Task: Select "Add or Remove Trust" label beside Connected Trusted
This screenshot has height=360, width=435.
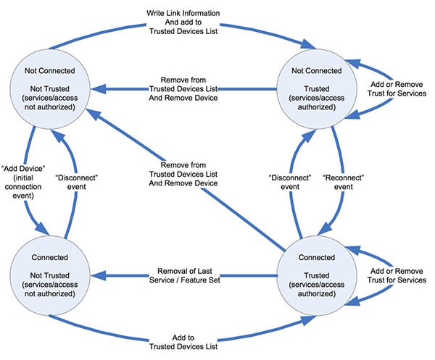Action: point(399,275)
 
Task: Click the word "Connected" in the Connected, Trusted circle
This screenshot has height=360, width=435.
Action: point(318,257)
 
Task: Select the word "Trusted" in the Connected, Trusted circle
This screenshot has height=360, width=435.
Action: point(318,273)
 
